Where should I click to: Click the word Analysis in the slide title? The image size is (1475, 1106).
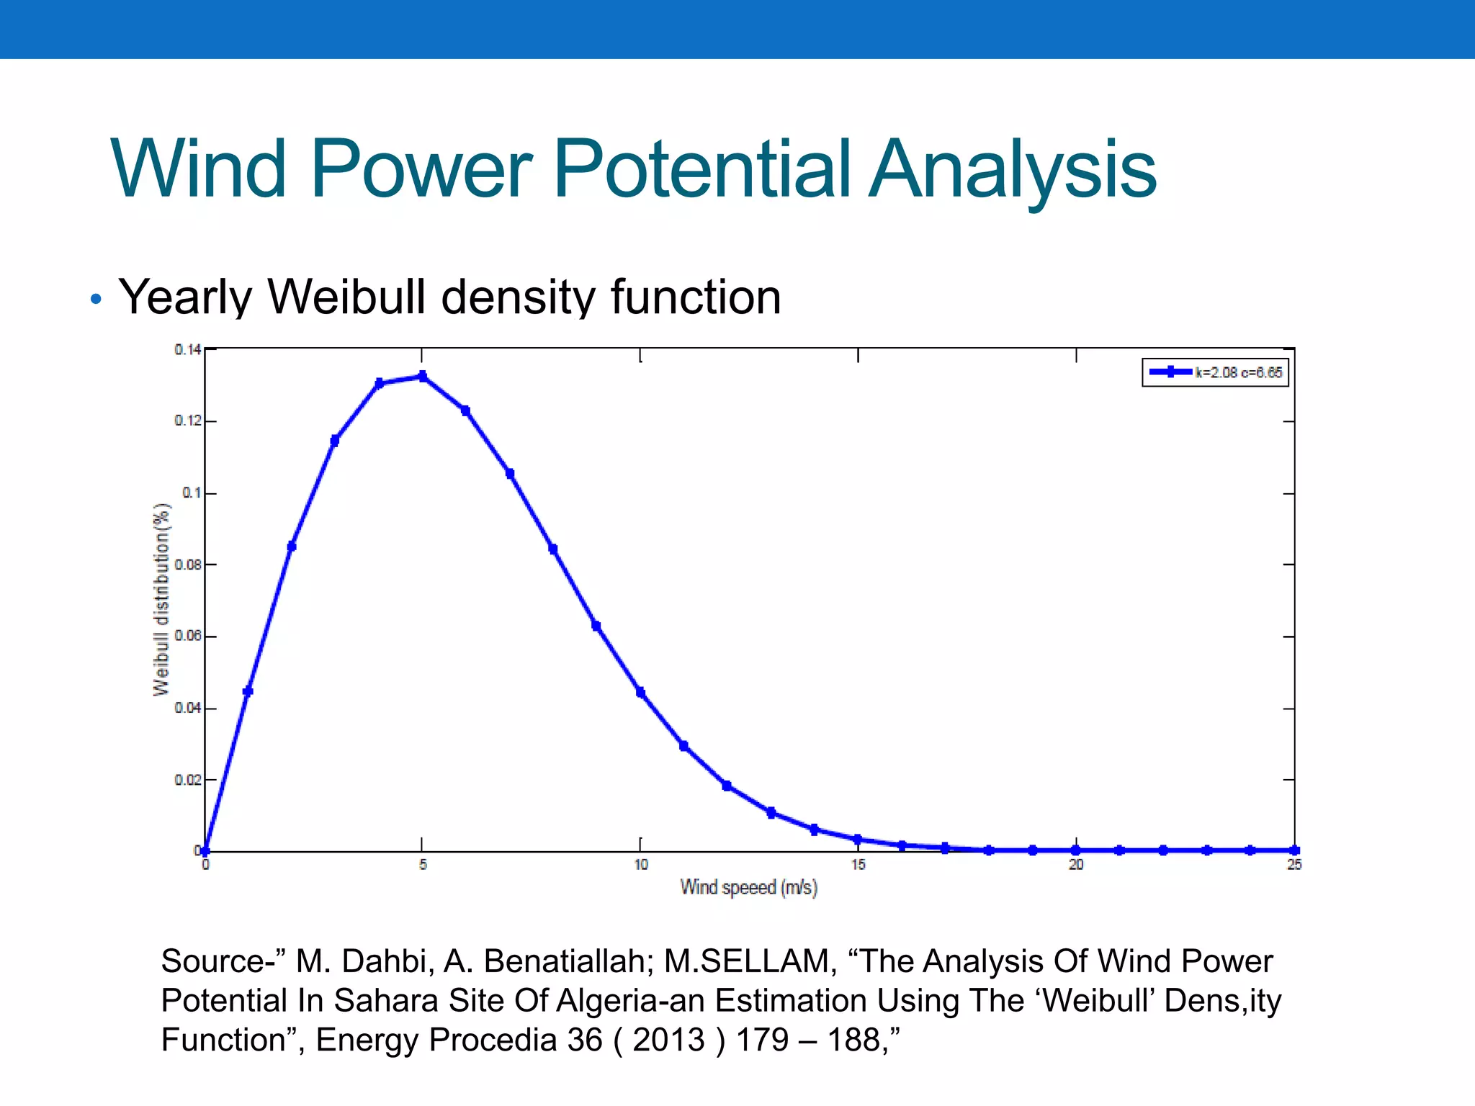(1012, 170)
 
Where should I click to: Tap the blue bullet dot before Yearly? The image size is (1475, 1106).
(96, 299)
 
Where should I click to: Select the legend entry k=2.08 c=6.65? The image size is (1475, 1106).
(1216, 372)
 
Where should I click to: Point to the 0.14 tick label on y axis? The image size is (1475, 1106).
(187, 350)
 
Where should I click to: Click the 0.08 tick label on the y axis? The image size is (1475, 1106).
(187, 565)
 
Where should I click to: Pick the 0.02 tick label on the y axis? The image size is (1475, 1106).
(187, 780)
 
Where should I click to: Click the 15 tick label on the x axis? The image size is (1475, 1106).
(858, 865)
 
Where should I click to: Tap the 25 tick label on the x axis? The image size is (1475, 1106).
(1294, 865)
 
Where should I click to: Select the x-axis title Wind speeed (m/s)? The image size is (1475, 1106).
(748, 887)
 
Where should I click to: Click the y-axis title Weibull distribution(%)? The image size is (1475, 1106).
(161, 599)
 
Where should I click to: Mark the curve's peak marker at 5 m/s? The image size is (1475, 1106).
(423, 377)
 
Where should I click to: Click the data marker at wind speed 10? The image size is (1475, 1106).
(640, 693)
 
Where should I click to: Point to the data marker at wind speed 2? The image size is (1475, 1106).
(292, 547)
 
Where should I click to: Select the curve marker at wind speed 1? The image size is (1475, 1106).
(248, 691)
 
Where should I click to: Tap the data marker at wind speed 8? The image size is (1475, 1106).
(553, 549)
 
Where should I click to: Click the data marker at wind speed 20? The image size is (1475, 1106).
(1075, 850)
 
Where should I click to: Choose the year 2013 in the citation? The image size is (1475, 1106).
(668, 1040)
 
